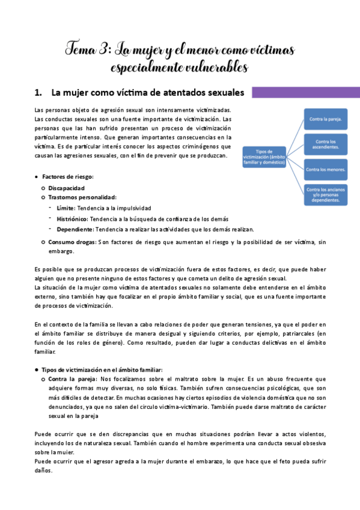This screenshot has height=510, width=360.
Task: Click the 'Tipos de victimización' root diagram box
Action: [264, 158]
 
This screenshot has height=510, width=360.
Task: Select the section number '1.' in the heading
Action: [40, 93]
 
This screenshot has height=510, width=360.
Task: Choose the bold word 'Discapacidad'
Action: [67, 188]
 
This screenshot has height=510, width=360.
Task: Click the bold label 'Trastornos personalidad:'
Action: [82, 197]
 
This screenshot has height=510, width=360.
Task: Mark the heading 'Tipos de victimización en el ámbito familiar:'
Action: [102, 369]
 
